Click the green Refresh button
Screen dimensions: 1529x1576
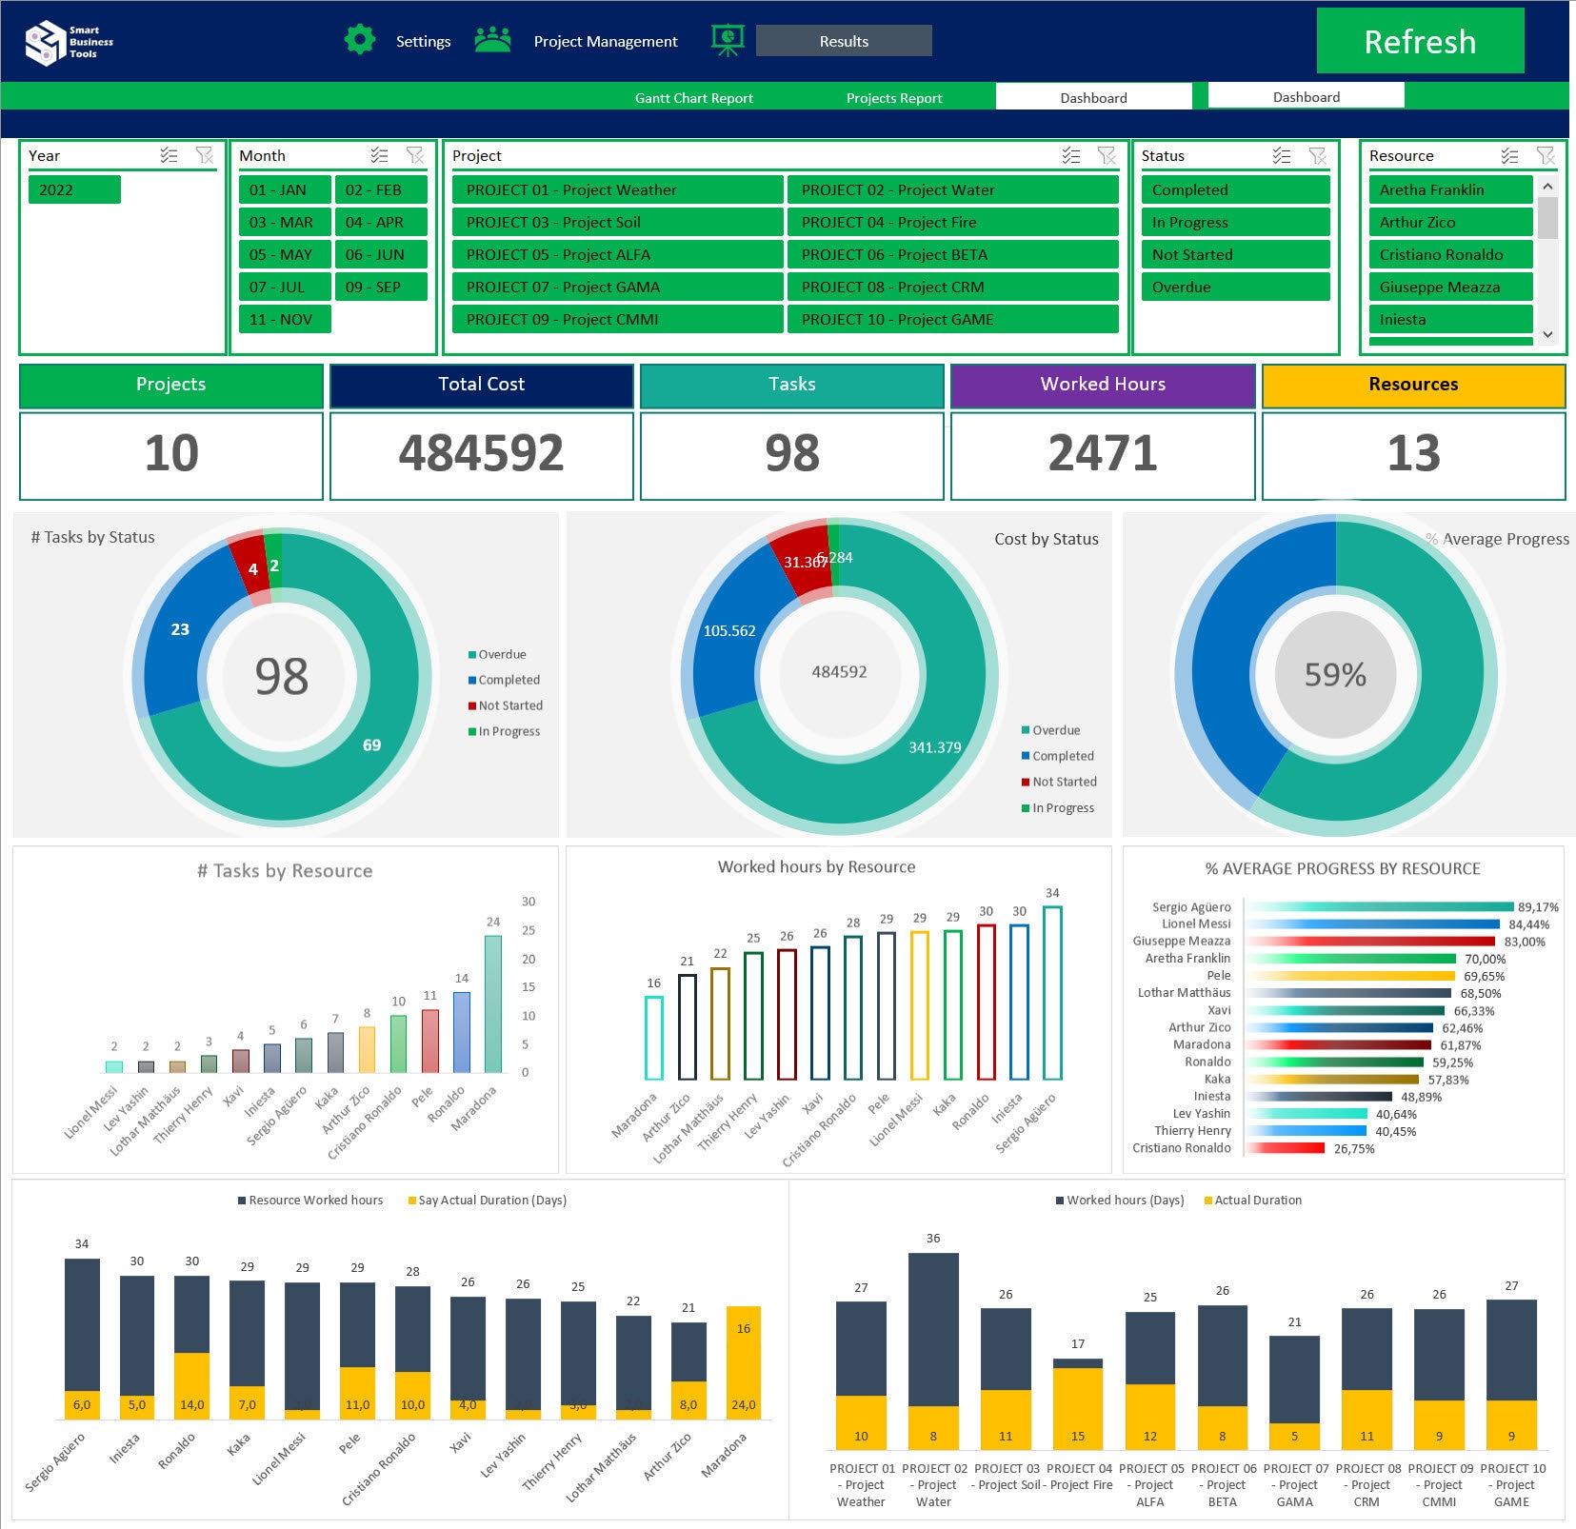click(x=1419, y=41)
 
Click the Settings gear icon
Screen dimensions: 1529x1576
click(x=359, y=40)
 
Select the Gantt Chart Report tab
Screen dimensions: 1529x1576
click(x=693, y=98)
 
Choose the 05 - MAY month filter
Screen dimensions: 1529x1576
click(x=283, y=254)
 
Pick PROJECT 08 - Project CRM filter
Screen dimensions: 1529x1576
click(x=952, y=287)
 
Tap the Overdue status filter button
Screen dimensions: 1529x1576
click(x=1234, y=287)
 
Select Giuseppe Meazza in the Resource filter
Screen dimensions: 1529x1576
click(x=1449, y=287)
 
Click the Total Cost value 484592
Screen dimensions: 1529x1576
click(x=481, y=453)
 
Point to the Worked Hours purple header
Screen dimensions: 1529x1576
click(x=1102, y=385)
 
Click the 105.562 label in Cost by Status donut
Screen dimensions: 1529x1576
click(x=728, y=631)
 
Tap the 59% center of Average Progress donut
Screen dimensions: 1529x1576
click(x=1335, y=675)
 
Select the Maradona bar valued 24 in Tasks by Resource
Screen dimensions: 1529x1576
click(x=492, y=1004)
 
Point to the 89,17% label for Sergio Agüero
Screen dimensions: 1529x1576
click(x=1537, y=907)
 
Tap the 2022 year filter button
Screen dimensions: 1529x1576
click(x=74, y=189)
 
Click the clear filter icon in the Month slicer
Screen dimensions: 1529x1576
click(x=415, y=155)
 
